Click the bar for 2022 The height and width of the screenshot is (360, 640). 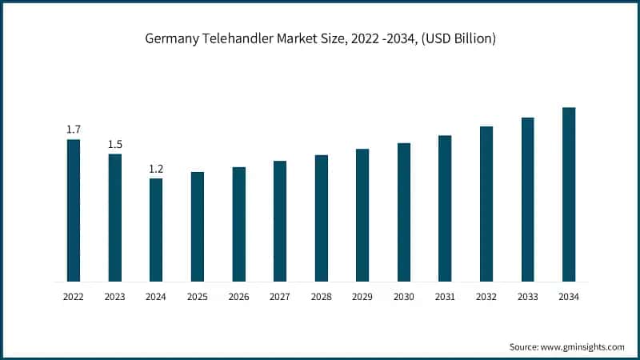[x=73, y=210]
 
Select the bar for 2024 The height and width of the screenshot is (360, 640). [x=156, y=230]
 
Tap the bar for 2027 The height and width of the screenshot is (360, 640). [x=280, y=221]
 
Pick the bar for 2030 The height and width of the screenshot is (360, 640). [x=404, y=212]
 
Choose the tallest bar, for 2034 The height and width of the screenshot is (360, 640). [x=569, y=194]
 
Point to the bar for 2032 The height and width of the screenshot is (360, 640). [x=486, y=204]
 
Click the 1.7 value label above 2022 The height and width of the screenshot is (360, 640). [x=74, y=129]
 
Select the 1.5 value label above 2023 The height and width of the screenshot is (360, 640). [x=115, y=144]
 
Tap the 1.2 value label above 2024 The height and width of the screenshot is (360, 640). [x=156, y=168]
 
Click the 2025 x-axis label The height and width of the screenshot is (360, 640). [x=198, y=297]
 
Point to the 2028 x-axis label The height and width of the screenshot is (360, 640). [x=322, y=297]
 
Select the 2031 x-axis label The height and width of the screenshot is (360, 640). [x=445, y=297]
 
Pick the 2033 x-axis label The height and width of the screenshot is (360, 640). [x=528, y=297]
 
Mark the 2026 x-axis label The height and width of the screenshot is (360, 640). [x=238, y=297]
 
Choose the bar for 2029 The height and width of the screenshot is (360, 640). [x=362, y=215]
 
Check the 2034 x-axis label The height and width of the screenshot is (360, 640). [x=569, y=297]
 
